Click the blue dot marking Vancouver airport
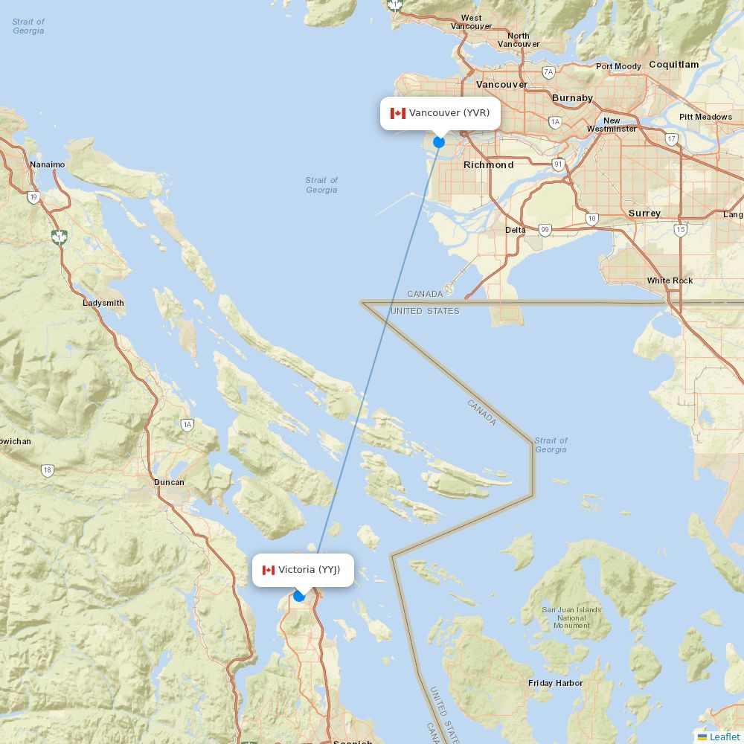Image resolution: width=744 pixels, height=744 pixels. (439, 141)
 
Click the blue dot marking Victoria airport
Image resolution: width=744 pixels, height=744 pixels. (299, 595)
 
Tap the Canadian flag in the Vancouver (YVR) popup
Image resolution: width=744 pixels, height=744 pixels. (398, 113)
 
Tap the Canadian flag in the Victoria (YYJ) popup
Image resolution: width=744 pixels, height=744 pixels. (268, 570)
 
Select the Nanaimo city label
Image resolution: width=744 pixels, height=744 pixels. (47, 164)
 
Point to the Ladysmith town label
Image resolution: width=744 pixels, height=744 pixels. (103, 303)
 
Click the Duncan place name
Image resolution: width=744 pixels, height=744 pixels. (169, 482)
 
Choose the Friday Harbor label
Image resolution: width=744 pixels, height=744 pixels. (555, 683)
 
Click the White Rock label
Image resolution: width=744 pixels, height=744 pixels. (670, 280)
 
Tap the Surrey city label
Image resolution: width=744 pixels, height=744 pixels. (644, 214)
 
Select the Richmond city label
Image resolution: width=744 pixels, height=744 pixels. (488, 164)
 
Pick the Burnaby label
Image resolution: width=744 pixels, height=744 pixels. (572, 97)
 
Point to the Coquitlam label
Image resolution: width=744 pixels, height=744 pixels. (673, 65)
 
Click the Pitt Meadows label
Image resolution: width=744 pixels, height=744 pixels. (705, 117)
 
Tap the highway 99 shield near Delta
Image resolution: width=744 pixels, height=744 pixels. (545, 231)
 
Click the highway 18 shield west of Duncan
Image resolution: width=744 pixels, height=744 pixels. (48, 470)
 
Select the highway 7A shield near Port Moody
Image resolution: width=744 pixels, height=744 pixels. (549, 72)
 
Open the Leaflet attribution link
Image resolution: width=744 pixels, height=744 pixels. (724, 737)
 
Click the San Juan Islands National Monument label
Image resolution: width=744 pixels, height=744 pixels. (571, 618)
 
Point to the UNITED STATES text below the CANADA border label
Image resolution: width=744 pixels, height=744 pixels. (425, 311)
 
